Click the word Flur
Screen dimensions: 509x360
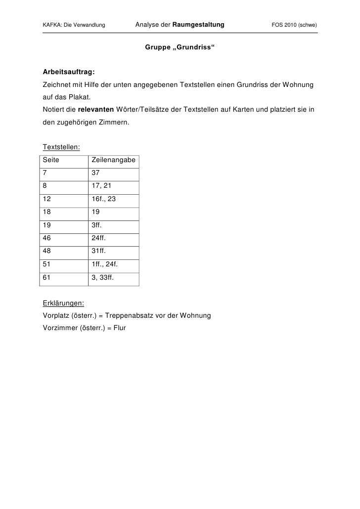click(x=120, y=328)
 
